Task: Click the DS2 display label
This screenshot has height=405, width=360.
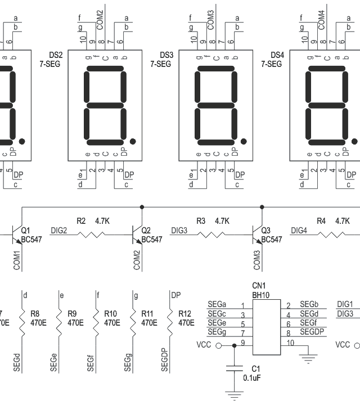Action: [x=56, y=55]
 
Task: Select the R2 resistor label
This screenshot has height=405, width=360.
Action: [x=82, y=221]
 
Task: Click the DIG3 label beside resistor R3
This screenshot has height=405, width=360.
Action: [x=179, y=231]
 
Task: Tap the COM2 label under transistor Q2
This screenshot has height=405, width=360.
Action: [x=137, y=259]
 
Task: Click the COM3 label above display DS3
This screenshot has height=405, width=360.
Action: [x=211, y=19]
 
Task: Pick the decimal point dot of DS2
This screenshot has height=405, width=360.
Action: [x=133, y=141]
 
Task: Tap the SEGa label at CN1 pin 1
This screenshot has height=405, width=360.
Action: [x=217, y=304]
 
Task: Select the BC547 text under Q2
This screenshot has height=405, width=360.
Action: [x=152, y=240]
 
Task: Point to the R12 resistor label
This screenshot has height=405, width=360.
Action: [x=185, y=314]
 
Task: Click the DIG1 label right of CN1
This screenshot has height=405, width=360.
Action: [x=345, y=304]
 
